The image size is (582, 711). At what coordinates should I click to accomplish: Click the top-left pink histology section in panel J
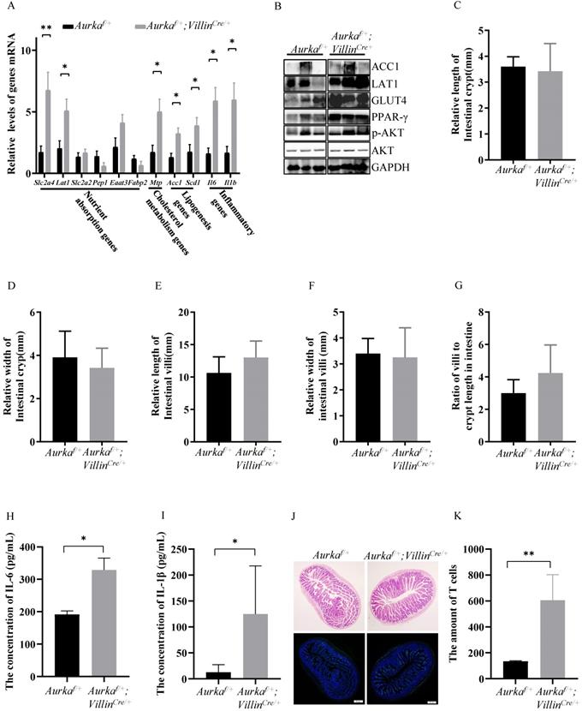(x=328, y=594)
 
